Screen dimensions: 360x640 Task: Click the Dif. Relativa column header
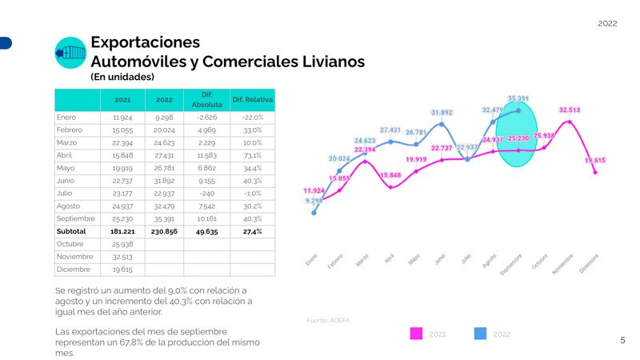pyautogui.click(x=252, y=100)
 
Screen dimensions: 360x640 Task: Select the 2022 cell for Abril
pyautogui.click(x=164, y=155)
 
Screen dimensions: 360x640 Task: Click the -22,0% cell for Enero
pyautogui.click(x=252, y=118)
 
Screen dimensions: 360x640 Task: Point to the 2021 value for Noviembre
pyautogui.click(x=122, y=256)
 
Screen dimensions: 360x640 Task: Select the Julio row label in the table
pyautogui.click(x=66, y=193)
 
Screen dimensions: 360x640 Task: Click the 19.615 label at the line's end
pyautogui.click(x=594, y=160)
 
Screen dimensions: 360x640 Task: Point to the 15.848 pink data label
pyautogui.click(x=390, y=175)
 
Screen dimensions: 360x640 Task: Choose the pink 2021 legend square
pyautogui.click(x=416, y=334)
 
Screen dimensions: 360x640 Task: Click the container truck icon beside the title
pyautogui.click(x=70, y=53)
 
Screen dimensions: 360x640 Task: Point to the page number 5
pyautogui.click(x=622, y=341)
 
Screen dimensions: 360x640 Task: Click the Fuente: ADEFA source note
pyautogui.click(x=328, y=320)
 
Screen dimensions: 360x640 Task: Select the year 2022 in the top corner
pyautogui.click(x=607, y=24)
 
